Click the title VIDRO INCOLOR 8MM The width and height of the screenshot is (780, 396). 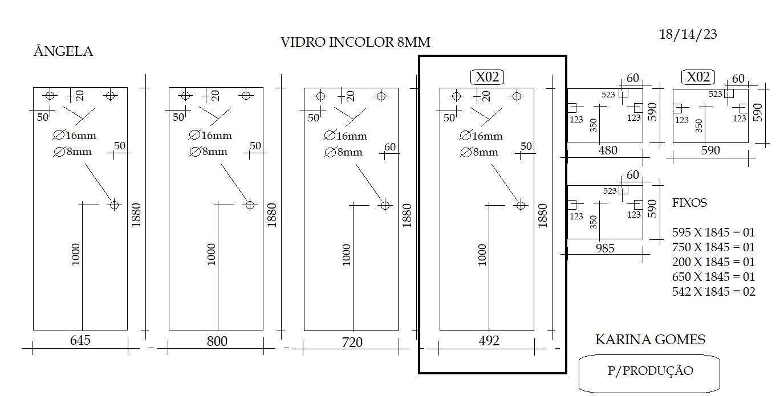[355, 42]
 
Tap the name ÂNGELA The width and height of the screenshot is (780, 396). [63, 51]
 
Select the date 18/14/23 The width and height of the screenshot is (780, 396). [688, 34]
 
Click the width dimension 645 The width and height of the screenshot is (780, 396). [80, 340]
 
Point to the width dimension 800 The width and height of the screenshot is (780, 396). [217, 341]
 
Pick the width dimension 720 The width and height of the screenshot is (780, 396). [352, 342]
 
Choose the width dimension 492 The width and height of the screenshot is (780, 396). [489, 340]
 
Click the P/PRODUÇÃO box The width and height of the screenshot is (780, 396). [649, 373]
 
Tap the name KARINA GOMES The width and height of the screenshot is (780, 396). [650, 339]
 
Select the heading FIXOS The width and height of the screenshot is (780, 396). [689, 202]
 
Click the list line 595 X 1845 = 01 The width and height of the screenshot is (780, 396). [713, 232]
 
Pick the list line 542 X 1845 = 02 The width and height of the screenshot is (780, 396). [713, 291]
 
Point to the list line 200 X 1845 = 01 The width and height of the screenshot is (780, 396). [713, 262]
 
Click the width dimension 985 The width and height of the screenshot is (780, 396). [605, 248]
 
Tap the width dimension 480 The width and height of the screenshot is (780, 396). [608, 150]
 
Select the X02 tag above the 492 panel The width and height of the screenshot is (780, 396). [487, 77]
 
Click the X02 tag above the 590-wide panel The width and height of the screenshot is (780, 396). [698, 77]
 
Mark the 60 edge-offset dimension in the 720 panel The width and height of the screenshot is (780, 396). [389, 147]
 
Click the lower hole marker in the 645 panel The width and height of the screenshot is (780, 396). [114, 205]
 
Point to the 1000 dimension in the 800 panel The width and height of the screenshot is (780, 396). [212, 254]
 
